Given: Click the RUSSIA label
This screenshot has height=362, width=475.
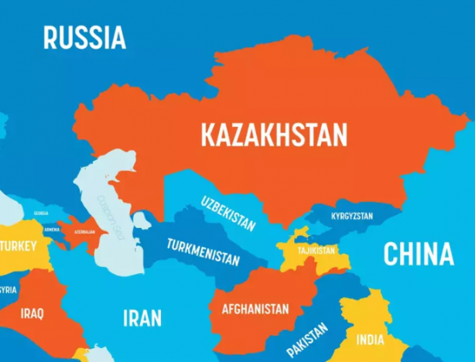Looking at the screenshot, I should (x=84, y=36).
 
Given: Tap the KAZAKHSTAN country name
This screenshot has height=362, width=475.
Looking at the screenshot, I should (x=274, y=135).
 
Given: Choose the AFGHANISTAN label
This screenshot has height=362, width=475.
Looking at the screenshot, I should (x=255, y=309).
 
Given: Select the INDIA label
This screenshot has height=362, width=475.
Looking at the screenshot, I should (x=370, y=339).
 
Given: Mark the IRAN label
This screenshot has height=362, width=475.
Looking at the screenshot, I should (x=142, y=317).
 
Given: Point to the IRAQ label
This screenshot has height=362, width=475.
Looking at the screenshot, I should (x=32, y=313).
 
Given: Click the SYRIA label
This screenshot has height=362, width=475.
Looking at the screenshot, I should (x=8, y=290).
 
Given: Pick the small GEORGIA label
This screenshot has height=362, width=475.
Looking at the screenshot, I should (x=40, y=213).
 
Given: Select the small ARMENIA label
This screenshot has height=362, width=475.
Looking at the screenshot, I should (x=51, y=230).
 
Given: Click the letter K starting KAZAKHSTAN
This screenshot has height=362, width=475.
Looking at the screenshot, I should (x=207, y=135).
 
